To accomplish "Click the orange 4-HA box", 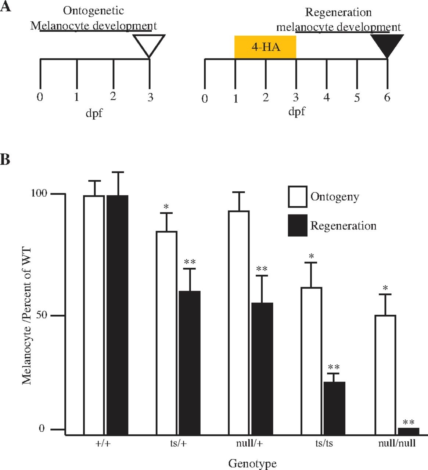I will (265, 47).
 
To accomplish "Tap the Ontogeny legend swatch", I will (297, 197).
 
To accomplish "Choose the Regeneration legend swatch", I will (297, 225).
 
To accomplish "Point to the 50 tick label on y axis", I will (42, 315).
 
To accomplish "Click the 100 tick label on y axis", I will (39, 194).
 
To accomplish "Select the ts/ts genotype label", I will (324, 444).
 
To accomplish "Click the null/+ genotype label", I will (249, 444).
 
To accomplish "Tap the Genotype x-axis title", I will (252, 463).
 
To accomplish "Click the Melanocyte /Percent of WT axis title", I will (27, 316).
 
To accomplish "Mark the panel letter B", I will (5, 160).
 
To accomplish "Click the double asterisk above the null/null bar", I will (409, 423).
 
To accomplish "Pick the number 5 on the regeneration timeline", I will (357, 98).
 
